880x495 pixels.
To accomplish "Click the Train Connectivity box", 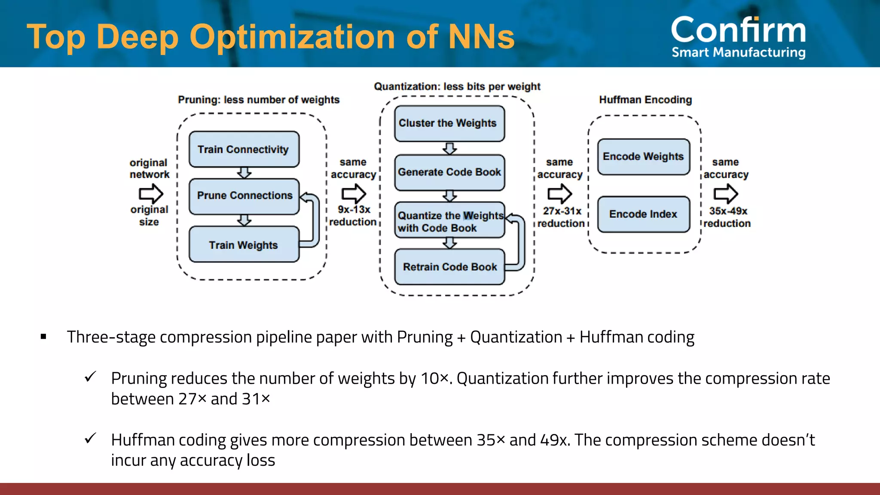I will (244, 149).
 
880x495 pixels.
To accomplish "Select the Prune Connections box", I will (244, 196).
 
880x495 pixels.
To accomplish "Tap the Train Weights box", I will (244, 244).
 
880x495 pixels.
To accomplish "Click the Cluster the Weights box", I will (449, 123).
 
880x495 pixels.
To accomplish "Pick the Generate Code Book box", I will (449, 172).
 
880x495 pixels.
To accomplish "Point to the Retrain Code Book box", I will (449, 267).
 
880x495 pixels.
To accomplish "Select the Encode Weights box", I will (643, 156).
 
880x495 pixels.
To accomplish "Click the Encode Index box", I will (643, 214).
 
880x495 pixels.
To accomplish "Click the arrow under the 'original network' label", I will (151, 194).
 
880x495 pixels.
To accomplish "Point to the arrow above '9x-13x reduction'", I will (354, 194).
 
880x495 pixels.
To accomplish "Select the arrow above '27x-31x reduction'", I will (559, 194).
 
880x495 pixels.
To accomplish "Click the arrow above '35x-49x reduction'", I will (726, 194).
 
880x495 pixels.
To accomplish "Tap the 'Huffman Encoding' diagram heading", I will (645, 100).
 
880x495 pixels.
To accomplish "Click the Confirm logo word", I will (738, 30).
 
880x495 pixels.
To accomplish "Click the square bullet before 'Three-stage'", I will (43, 336).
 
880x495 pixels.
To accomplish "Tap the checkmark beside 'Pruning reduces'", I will (91, 377).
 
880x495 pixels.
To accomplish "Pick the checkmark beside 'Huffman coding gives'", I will (91, 438).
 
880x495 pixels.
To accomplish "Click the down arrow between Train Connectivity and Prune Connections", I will (244, 173).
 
